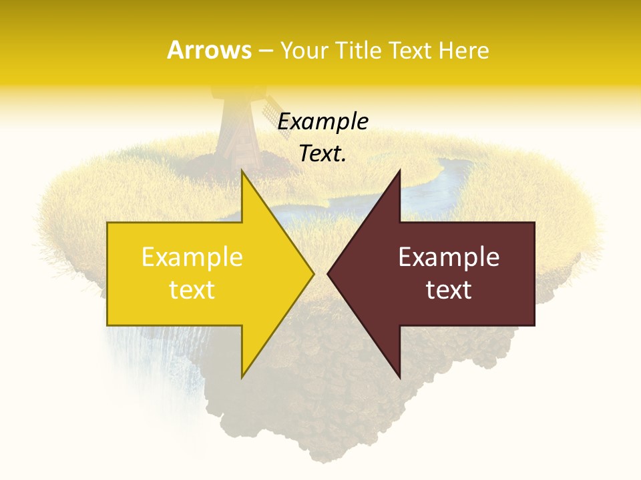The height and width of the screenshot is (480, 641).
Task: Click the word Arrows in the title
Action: [210, 50]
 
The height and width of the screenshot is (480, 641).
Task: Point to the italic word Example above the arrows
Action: [323, 122]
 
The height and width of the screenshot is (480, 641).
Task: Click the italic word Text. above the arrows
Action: [323, 154]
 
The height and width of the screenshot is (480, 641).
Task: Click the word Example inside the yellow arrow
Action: [192, 257]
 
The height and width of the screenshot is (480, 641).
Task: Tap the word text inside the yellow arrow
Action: [192, 290]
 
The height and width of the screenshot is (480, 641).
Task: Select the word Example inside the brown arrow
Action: [449, 257]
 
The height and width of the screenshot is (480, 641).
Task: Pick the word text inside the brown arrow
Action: [449, 290]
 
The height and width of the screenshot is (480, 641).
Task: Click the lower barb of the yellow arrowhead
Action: [243, 375]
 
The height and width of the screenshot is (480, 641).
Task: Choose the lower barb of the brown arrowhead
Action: [399, 375]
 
